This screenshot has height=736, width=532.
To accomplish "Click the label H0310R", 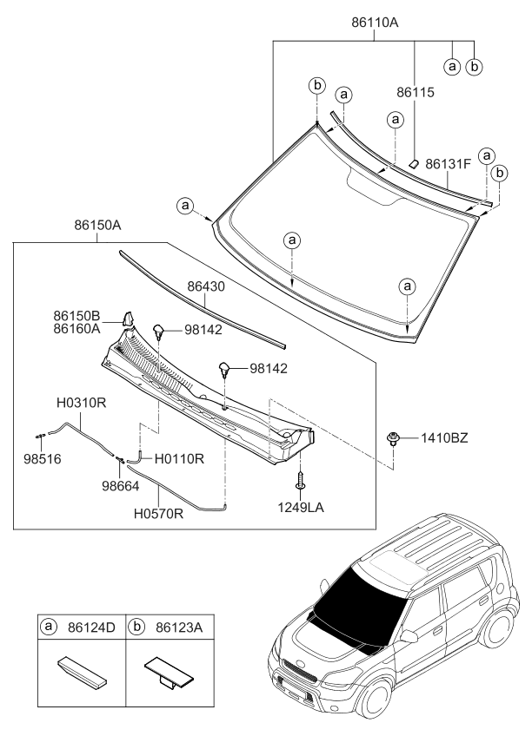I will point(82,403).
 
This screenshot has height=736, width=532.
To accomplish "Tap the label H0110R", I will point(179,457).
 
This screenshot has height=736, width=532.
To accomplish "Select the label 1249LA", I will point(301,506).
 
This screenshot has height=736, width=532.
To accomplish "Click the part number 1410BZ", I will point(445,439).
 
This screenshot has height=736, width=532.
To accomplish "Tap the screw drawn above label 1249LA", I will point(300,478).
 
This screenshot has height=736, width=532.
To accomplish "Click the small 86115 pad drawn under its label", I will point(416,161).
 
